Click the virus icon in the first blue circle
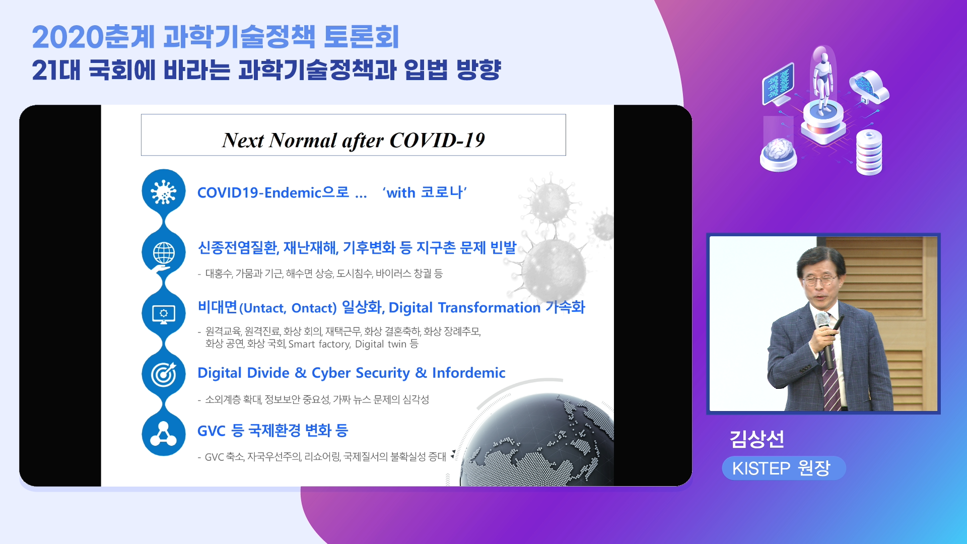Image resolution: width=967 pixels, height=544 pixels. coord(164,192)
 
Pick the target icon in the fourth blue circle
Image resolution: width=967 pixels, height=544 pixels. coord(164,374)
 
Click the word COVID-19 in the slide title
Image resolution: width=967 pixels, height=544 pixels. coord(437,140)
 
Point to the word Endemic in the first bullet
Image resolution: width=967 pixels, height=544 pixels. coord(293,192)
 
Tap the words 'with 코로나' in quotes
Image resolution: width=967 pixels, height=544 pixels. coord(425,192)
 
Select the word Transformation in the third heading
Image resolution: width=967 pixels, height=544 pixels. coord(489,307)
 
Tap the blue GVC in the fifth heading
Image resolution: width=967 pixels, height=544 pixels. coord(211,431)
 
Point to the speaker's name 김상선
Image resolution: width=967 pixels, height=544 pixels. coord(757,439)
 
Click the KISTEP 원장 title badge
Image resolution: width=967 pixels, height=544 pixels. coord(783,468)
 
